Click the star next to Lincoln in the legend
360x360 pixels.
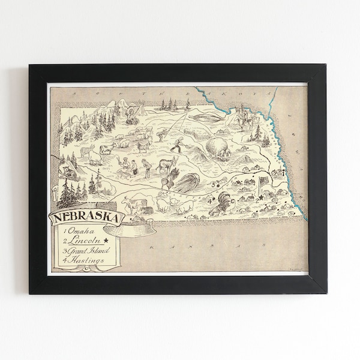point(106,241)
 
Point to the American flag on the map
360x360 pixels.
point(263,181)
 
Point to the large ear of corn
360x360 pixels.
point(187,182)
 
